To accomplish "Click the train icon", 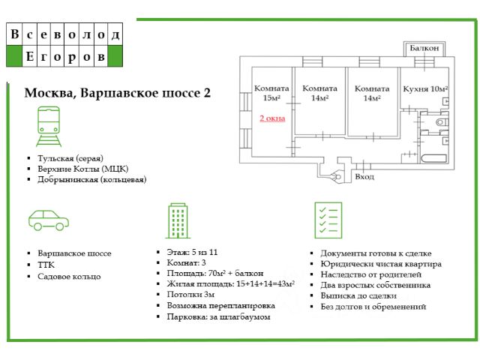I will click(x=48, y=127).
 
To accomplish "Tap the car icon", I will click(x=48, y=220).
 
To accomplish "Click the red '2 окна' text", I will click(x=272, y=118).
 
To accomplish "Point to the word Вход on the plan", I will click(x=364, y=177).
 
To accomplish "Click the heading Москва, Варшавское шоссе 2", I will click(x=118, y=93).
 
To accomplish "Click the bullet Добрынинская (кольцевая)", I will click(x=91, y=179).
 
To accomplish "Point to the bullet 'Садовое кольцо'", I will click(x=69, y=276).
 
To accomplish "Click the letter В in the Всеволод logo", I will click(x=15, y=34).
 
